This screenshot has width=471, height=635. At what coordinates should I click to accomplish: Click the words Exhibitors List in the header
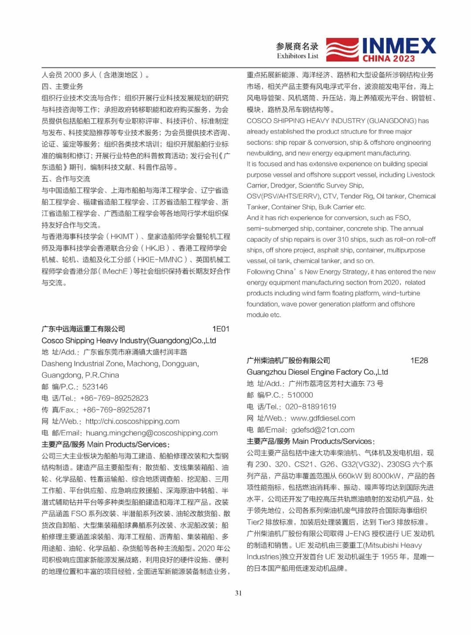point(297,56)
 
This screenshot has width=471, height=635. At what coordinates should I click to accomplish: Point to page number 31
point(238,593)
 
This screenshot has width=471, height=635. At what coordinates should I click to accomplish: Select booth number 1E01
point(221,329)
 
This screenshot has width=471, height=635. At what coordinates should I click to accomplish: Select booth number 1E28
point(419,360)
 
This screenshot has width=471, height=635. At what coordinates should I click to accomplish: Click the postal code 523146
point(95,386)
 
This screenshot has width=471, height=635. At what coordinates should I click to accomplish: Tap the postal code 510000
point(300,395)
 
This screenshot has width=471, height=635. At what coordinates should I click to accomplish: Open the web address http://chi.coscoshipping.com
point(133,421)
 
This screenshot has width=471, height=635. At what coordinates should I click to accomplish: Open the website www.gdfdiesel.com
point(323,418)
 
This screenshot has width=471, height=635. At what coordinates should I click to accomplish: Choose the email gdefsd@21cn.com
point(323,430)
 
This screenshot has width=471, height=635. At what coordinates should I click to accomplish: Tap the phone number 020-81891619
point(311,406)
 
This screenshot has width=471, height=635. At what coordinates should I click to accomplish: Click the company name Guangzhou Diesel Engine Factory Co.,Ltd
point(317,372)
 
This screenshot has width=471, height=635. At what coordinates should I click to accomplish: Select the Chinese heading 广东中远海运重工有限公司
point(83,329)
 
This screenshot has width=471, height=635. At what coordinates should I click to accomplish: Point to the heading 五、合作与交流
point(66,179)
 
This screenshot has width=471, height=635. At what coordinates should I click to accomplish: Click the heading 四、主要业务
point(62,86)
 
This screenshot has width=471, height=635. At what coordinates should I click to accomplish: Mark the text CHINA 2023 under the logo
point(389,58)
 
